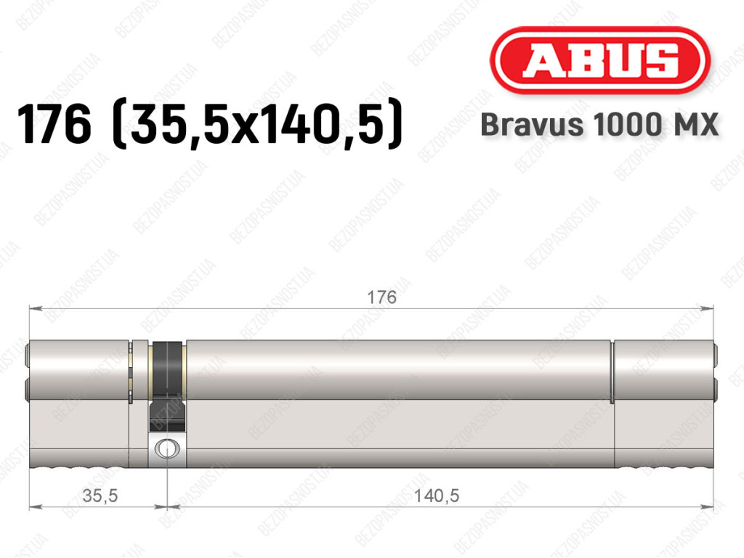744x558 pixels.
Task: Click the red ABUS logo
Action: tap(599, 60)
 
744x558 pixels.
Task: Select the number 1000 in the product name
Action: tap(626, 125)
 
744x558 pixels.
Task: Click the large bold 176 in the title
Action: tap(54, 125)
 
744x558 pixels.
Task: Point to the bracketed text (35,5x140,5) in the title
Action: tap(256, 125)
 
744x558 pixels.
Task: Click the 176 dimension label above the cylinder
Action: tap(381, 298)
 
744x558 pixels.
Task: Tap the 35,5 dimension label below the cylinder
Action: tap(100, 496)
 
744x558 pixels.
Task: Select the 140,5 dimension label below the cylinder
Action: tap(437, 496)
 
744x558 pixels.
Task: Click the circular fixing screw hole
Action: tap(167, 448)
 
